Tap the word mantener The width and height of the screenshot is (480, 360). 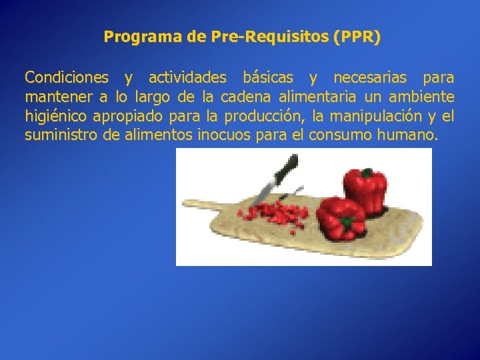(x=58, y=97)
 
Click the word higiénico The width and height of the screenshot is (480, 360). (x=56, y=117)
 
